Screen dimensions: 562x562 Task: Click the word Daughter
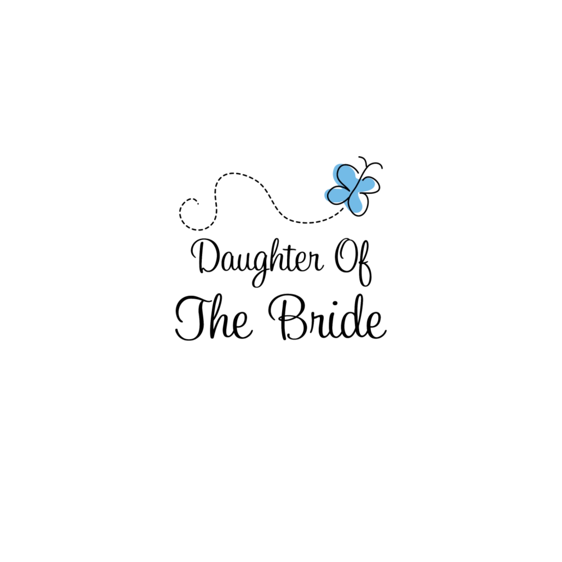pyautogui.click(x=257, y=262)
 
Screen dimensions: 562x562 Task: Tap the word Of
pyautogui.click(x=353, y=262)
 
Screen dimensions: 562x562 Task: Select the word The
pyautogui.click(x=214, y=317)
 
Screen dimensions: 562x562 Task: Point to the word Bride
pyautogui.click(x=327, y=317)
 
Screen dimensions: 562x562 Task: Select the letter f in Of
pyautogui.click(x=364, y=264)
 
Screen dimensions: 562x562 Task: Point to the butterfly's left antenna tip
pyautogui.click(x=359, y=158)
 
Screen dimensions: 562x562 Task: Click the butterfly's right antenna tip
pyautogui.click(x=382, y=167)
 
